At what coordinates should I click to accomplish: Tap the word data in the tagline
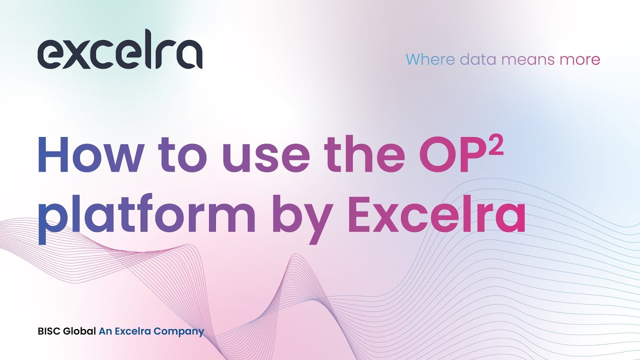point(478,59)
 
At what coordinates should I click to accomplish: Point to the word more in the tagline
point(580,59)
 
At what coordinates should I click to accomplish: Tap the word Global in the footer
point(79,331)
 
